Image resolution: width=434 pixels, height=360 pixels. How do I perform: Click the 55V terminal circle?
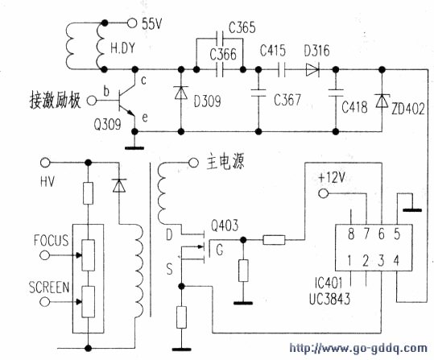[x=132, y=23]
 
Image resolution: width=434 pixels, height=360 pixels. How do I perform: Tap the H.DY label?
[x=123, y=48]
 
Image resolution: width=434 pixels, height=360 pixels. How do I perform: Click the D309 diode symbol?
[x=181, y=93]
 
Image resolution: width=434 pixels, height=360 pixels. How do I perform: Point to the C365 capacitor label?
[x=242, y=27]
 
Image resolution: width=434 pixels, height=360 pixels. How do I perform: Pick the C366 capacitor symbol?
[x=219, y=69]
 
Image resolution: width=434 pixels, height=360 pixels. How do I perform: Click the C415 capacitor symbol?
[x=282, y=69]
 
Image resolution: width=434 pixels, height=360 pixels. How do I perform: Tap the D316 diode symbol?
[x=312, y=69]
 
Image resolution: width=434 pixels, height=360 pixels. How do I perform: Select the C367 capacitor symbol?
[x=258, y=93]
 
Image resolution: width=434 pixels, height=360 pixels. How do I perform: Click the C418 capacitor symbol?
[x=336, y=93]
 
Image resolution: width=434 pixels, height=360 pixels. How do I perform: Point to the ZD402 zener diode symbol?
[x=382, y=101]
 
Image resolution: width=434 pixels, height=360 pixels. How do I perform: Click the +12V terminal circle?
[x=324, y=193]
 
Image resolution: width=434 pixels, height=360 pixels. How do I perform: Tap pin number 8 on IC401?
[x=351, y=234]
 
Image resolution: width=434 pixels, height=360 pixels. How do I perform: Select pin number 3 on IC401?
[x=382, y=261]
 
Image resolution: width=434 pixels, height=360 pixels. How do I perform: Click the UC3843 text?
[x=329, y=299]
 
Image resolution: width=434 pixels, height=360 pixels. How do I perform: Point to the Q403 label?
[x=225, y=226]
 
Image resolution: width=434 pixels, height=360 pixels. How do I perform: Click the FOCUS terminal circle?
[x=45, y=255]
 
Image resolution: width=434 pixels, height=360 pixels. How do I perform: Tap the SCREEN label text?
[x=49, y=288]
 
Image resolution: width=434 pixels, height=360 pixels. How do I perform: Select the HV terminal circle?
[x=45, y=163]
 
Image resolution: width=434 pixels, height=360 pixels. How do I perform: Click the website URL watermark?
[x=358, y=348]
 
